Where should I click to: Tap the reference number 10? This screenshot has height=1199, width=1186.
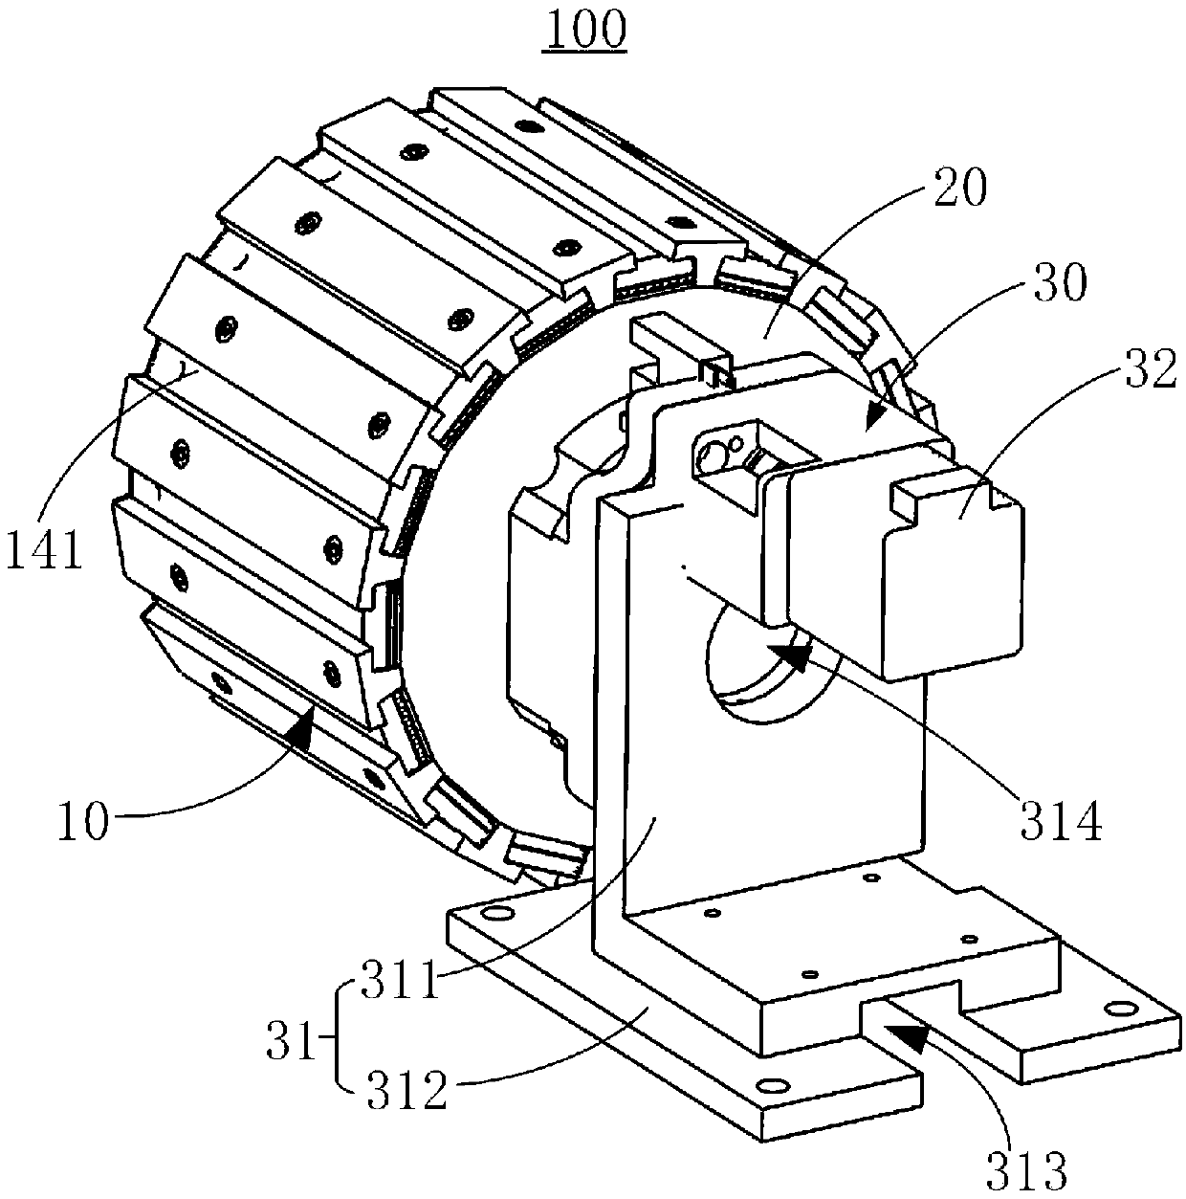click(x=83, y=822)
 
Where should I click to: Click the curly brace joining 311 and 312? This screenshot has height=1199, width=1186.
click(x=340, y=1036)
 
